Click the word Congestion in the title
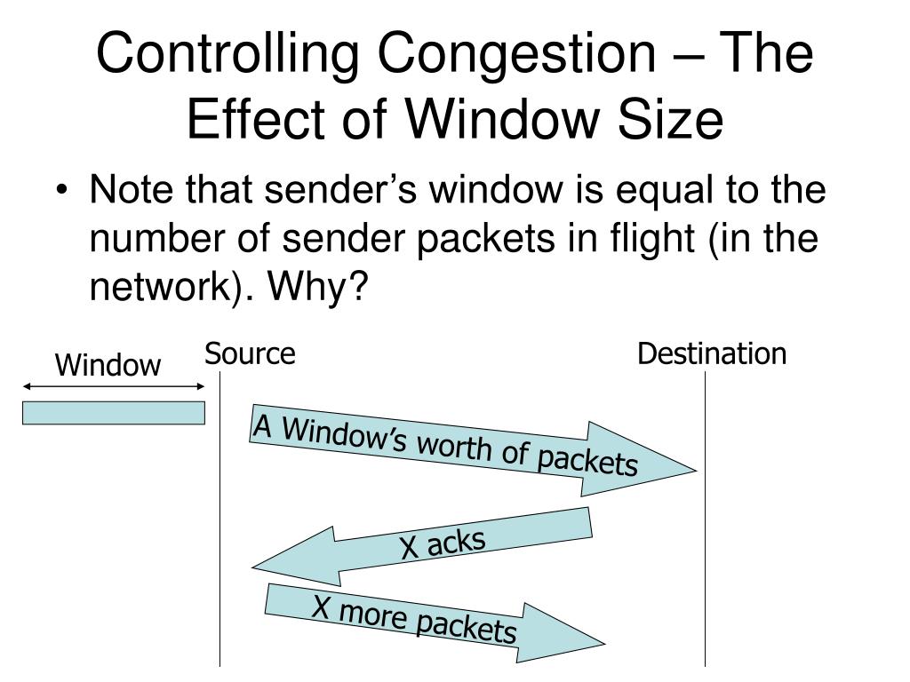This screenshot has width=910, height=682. point(461,56)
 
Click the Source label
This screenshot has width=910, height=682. point(250,354)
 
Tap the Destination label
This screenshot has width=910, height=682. point(712,354)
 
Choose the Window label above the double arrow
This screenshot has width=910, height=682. point(108,365)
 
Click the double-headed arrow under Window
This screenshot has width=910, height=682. point(114,386)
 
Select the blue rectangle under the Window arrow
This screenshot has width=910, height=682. point(114,413)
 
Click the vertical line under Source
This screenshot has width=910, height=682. point(220,533)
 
